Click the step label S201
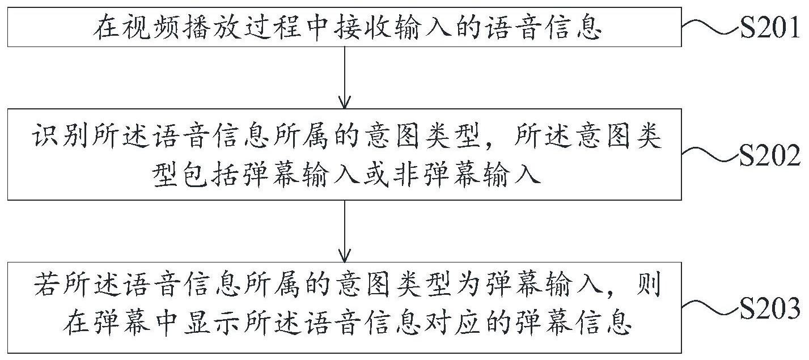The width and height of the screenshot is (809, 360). click(x=770, y=28)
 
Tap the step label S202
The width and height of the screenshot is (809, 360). click(x=770, y=156)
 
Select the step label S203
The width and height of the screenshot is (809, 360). click(x=770, y=309)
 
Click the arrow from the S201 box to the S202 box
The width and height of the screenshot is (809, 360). click(x=345, y=78)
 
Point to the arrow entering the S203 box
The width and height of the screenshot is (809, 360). click(x=345, y=231)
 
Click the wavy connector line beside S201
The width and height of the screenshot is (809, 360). click(x=710, y=27)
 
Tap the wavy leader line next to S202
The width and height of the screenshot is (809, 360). click(x=710, y=155)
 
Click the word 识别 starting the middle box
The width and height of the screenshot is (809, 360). click(x=60, y=137)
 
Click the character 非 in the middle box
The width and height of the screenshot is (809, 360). click(x=406, y=175)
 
